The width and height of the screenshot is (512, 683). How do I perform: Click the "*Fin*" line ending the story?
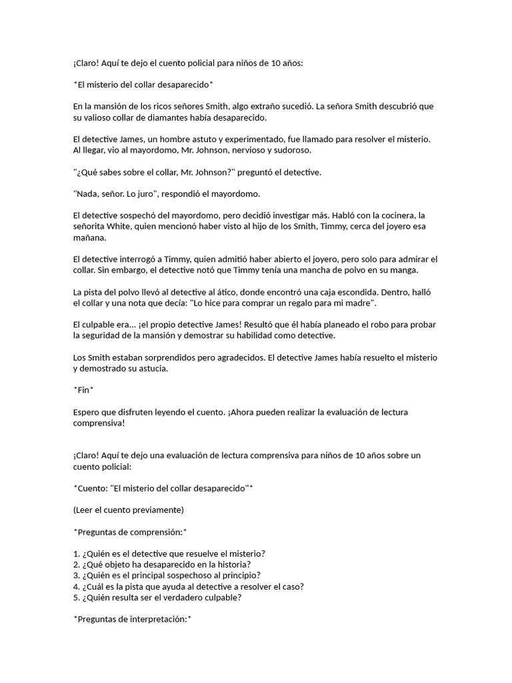pyautogui.click(x=83, y=390)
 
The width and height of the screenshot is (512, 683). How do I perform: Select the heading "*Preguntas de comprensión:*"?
pyautogui.click(x=130, y=532)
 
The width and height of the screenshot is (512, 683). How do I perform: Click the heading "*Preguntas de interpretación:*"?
pyautogui.click(x=133, y=619)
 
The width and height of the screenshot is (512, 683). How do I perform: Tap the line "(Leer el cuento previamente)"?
pyautogui.click(x=128, y=510)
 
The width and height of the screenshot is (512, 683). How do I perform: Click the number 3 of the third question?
pyautogui.click(x=76, y=576)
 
